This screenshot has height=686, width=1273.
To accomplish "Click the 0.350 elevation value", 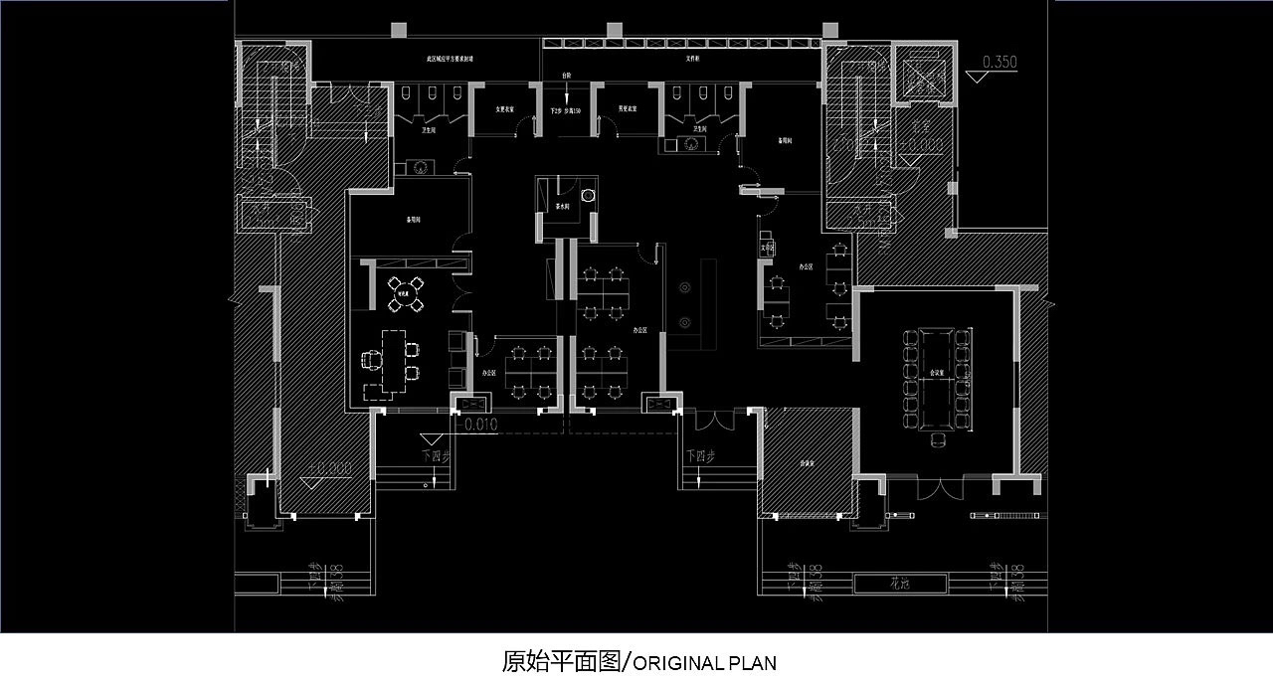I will pos(1000,62).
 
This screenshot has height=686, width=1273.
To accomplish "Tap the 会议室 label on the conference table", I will pos(936,373).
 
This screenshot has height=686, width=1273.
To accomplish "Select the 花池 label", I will pos(898,584).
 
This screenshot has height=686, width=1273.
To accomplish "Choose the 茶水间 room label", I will pos(563,207).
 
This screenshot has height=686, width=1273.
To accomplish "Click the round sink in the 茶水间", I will pos(588,195).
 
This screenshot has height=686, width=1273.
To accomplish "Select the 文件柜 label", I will pos(694,60).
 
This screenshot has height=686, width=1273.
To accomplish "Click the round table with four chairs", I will pos(405,293).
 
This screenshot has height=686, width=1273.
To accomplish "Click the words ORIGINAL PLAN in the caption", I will pos(704,663).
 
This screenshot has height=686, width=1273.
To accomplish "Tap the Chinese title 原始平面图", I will pos(561,662).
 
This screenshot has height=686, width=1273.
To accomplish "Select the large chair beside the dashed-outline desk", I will pos(372,360).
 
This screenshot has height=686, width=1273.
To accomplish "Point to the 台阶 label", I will pos(566,76).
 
